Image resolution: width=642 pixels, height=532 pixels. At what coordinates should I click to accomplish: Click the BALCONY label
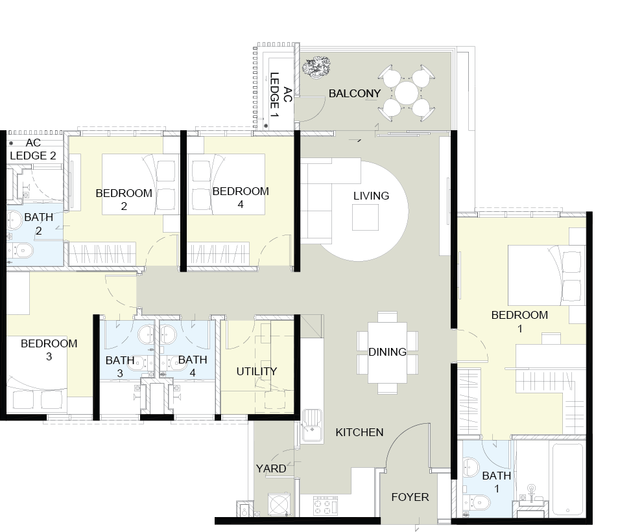click(355, 93)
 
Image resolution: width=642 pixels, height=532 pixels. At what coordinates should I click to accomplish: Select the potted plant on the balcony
click(316, 67)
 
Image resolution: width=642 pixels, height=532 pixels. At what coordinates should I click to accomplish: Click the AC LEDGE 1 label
click(280, 96)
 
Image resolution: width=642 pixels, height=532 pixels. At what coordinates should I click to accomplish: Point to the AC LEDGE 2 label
click(33, 149)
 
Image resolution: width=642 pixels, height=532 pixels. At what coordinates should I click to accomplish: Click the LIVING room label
click(371, 196)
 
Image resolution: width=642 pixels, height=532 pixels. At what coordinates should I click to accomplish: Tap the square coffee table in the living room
click(366, 217)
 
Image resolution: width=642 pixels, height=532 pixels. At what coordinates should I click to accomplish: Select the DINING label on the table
click(387, 352)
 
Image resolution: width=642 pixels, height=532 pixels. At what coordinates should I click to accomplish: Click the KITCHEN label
click(359, 432)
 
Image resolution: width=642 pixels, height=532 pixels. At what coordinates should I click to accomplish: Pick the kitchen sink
click(313, 426)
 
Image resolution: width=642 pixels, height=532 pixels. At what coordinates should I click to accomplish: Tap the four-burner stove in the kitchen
click(326, 506)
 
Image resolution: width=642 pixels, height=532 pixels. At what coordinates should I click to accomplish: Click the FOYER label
click(410, 497)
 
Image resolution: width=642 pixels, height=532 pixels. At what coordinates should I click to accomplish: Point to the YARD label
click(271, 468)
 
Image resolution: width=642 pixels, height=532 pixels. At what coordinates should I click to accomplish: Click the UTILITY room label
click(257, 371)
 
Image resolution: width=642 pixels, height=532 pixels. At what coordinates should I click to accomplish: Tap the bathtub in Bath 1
click(567, 480)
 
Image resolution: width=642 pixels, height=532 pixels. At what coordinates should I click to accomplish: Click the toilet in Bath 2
click(23, 251)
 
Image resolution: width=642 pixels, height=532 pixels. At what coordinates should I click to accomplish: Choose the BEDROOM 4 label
click(241, 198)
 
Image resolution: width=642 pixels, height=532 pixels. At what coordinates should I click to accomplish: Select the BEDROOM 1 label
click(519, 321)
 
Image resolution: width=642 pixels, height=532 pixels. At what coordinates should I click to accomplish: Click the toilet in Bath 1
click(479, 502)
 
